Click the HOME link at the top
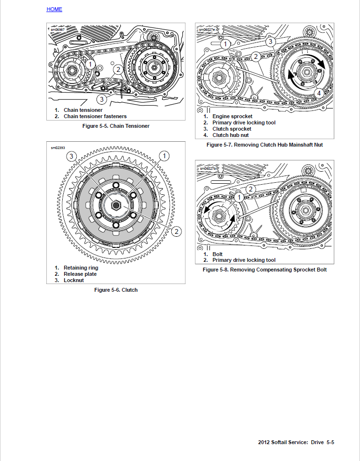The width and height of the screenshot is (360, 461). (x=54, y=9)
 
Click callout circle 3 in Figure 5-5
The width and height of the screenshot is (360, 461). (x=101, y=99)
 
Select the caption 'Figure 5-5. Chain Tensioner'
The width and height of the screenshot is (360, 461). (x=116, y=126)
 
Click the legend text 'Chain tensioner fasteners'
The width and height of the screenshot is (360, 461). (x=95, y=116)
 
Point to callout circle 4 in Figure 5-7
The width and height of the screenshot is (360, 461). (x=318, y=93)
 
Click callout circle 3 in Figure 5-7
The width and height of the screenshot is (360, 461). (x=271, y=42)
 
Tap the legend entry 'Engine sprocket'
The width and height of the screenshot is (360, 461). (x=232, y=116)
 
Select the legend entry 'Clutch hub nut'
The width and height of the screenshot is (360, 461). (x=231, y=135)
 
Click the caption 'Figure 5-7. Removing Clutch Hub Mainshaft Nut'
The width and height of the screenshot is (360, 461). (x=264, y=145)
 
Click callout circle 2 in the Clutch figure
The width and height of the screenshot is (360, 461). (x=177, y=231)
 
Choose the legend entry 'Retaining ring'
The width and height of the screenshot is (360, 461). (x=81, y=268)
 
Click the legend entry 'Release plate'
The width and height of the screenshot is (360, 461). (x=80, y=274)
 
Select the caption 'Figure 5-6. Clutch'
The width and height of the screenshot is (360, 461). (x=116, y=290)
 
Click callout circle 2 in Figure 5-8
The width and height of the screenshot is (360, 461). (x=250, y=190)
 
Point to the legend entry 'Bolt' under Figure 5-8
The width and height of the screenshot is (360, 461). (x=218, y=254)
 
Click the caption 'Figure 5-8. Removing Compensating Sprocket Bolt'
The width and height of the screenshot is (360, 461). (x=264, y=270)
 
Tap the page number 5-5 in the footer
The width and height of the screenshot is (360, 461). (x=330, y=442)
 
